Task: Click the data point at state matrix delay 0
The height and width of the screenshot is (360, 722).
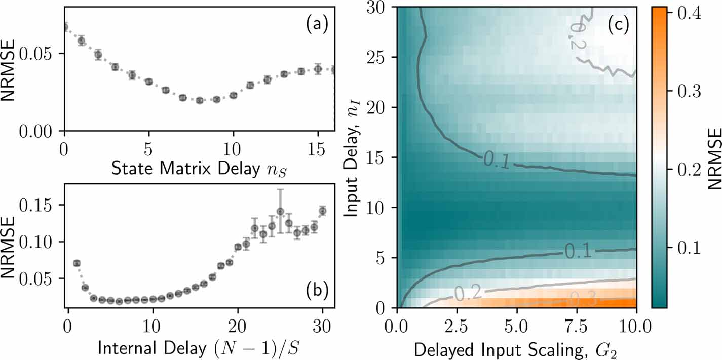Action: [64, 27]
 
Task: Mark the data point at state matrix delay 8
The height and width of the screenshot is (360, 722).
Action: [199, 100]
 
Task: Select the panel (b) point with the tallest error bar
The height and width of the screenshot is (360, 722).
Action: [280, 211]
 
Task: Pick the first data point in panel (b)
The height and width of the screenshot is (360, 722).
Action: [77, 263]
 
